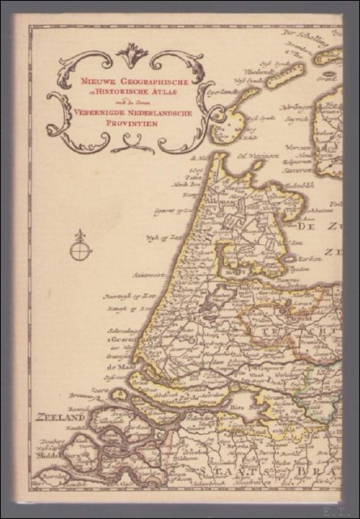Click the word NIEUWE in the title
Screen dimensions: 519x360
[88, 81]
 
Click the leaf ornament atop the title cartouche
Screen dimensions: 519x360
[132, 55]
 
